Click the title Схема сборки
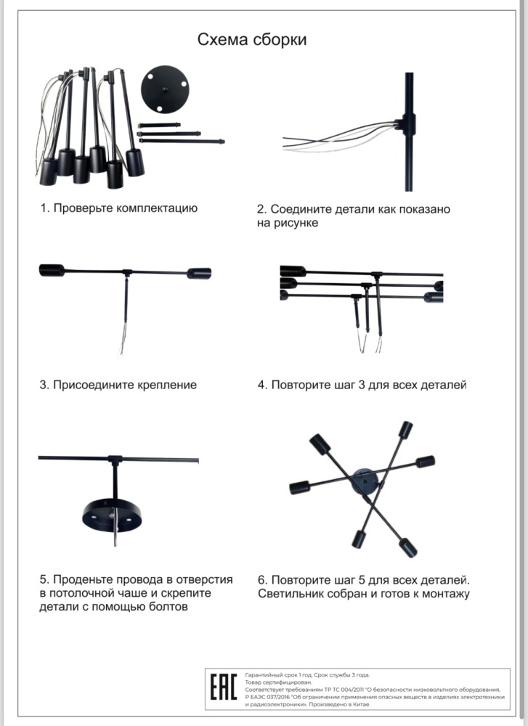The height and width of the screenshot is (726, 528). tap(252, 40)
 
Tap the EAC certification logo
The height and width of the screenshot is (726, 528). tap(224, 687)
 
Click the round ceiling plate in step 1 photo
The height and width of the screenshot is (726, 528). tap(166, 89)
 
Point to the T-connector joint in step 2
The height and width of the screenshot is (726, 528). tap(408, 124)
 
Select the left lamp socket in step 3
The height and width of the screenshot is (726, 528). tap(52, 270)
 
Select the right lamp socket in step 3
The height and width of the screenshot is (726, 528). tap(199, 273)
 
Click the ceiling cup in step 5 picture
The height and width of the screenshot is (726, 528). tap(113, 515)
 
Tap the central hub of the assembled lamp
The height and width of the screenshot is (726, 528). tap(365, 481)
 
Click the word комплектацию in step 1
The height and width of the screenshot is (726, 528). tap(157, 208)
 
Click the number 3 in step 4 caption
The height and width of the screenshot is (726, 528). tap(362, 385)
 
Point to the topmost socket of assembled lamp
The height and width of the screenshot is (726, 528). tap(406, 429)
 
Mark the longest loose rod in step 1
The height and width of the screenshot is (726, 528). tap(182, 141)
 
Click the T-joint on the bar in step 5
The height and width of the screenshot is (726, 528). tap(115, 460)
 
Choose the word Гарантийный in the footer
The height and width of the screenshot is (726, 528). tap(261, 675)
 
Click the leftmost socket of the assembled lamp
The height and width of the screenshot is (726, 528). tap(299, 487)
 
